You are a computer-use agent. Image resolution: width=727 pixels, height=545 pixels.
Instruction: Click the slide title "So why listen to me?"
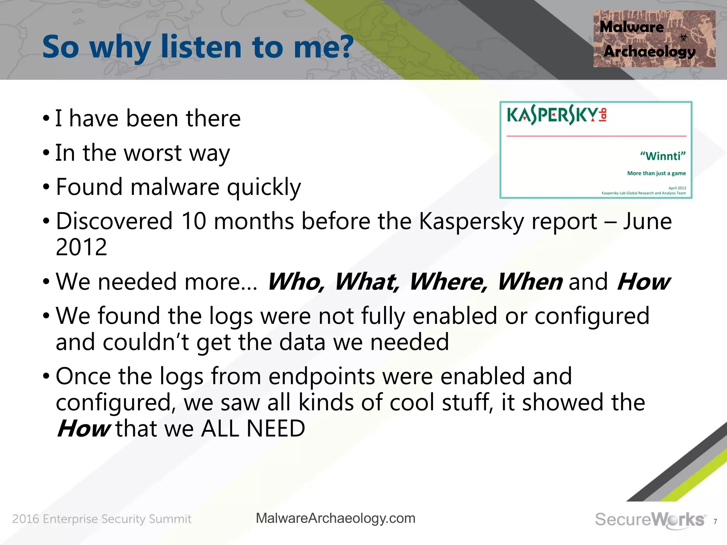tap(198, 47)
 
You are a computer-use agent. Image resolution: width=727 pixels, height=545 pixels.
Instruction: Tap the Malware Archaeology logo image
tap(654, 39)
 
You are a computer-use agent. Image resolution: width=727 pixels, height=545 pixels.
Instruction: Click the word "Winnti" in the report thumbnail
tap(662, 156)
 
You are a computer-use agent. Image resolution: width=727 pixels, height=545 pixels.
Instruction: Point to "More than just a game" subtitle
tap(656, 173)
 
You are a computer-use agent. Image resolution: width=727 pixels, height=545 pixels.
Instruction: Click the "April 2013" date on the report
tap(677, 188)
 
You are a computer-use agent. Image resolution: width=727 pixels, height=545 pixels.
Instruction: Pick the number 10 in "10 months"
tap(193, 221)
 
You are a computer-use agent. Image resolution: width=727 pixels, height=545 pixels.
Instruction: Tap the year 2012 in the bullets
tap(81, 247)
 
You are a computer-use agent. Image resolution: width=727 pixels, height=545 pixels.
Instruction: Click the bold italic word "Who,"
tap(295, 282)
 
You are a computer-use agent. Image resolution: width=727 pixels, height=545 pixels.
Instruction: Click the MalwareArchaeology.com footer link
tap(335, 518)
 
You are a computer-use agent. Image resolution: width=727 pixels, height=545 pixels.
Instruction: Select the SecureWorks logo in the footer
tap(650, 519)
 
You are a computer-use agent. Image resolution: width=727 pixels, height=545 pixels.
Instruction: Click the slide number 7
tap(715, 522)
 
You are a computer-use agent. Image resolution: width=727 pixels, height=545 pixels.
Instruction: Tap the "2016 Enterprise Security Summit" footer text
tap(102, 519)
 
